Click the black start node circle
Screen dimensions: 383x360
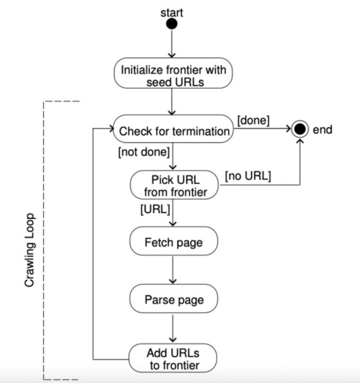coord(172,24)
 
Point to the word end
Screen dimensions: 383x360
coord(322,130)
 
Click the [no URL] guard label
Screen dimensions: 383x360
coord(248,175)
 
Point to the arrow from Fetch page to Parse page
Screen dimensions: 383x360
coord(172,271)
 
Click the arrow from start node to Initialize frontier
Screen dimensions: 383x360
coord(172,44)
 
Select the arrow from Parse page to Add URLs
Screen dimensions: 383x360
coord(172,328)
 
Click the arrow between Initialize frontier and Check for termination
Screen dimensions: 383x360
coord(172,102)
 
